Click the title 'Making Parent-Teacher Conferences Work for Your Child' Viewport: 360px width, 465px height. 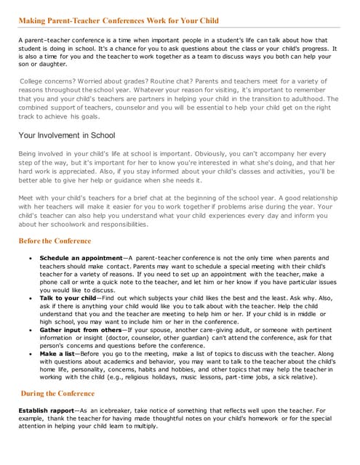coord(118,20)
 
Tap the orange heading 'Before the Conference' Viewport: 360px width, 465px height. coord(55,240)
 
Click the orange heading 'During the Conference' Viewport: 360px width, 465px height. coord(57,394)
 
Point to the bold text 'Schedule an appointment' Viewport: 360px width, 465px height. coord(81,258)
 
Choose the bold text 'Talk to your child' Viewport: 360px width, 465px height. coord(68,298)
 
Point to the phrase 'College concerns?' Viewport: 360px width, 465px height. coord(46,81)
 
